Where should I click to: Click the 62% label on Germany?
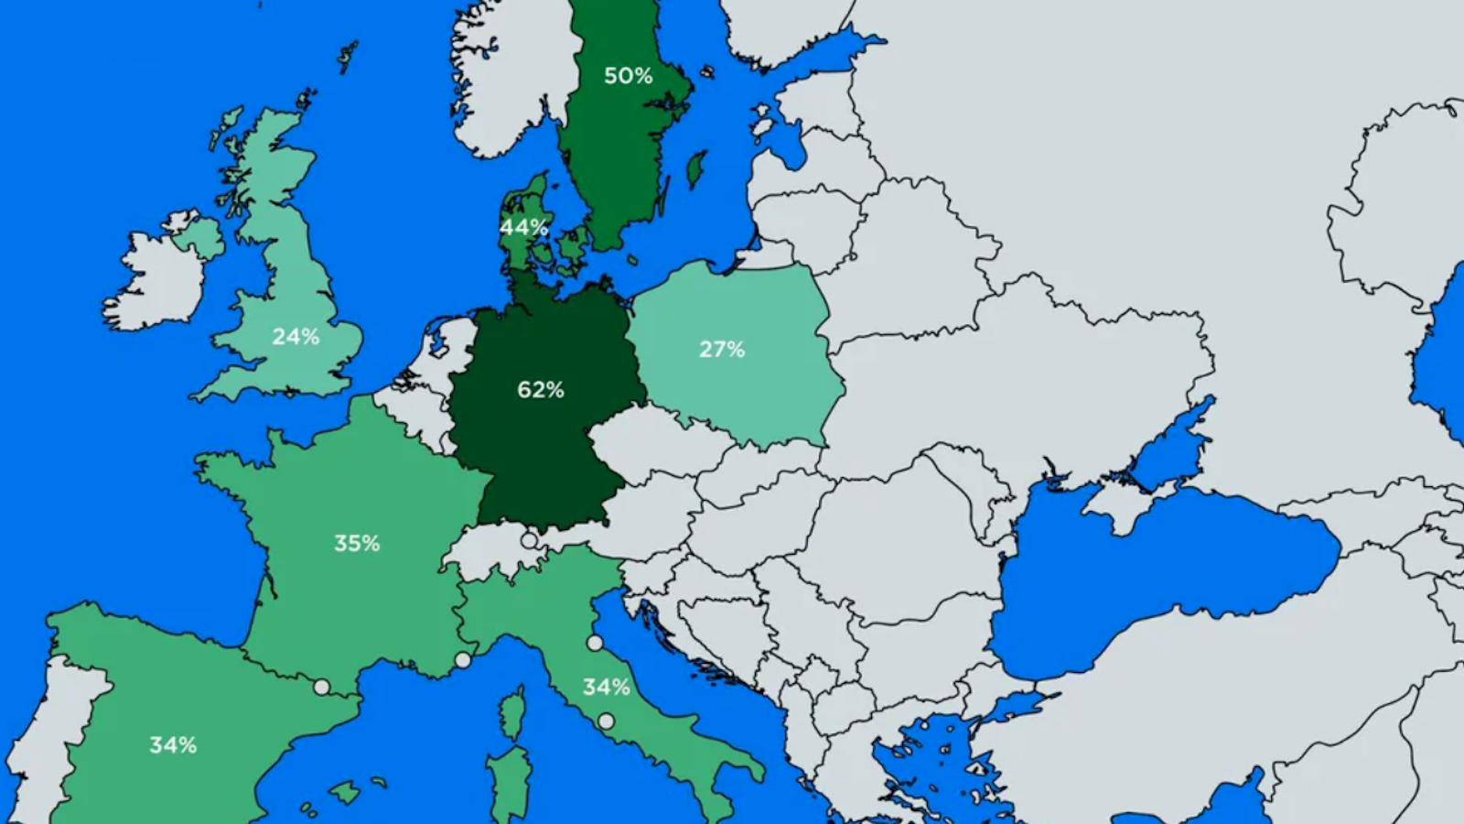point(540,390)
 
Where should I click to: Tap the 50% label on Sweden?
point(628,76)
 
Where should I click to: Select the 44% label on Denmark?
point(523,227)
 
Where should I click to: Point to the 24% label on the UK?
point(296,337)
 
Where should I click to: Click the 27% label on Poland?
point(722,349)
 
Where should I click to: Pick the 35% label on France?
point(356,544)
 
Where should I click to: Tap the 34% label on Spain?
point(173,745)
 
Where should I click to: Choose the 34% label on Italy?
point(606,687)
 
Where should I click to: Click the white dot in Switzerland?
point(529,541)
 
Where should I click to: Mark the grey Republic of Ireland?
point(156,279)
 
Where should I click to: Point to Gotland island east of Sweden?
point(696,168)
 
